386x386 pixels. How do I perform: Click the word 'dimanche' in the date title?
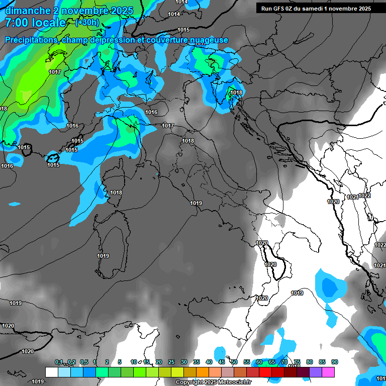(x=27, y=11)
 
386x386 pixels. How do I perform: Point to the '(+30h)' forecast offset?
(x=87, y=23)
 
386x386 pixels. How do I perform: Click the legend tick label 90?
(x=334, y=362)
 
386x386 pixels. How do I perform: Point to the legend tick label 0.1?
(x=59, y=362)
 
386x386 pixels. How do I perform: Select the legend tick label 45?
(x=222, y=362)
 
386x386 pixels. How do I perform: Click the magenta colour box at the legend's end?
(x=328, y=372)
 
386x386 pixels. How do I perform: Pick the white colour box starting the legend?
(x=51, y=372)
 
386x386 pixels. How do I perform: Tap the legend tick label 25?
(x=171, y=362)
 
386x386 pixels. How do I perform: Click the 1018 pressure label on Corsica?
(x=116, y=192)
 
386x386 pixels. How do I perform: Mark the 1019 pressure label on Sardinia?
(x=103, y=256)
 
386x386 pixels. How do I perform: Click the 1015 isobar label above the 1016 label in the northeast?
(x=183, y=30)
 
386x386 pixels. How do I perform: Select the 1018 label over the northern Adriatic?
(x=237, y=93)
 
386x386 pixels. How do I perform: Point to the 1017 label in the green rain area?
(x=55, y=72)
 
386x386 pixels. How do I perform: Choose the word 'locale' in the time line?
(x=48, y=23)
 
